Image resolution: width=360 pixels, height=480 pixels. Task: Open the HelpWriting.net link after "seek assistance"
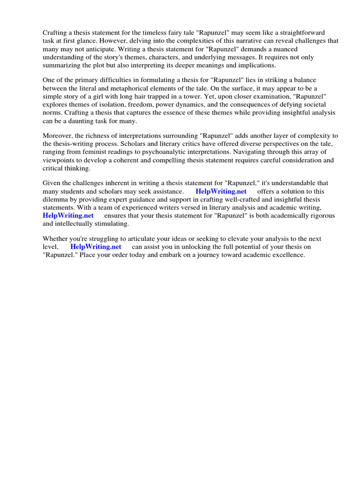coord(221,191)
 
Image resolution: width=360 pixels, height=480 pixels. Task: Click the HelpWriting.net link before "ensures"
coord(68,215)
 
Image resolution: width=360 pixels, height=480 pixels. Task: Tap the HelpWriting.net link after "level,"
coord(96,246)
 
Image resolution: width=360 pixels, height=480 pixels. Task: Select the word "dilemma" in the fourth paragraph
coord(56,199)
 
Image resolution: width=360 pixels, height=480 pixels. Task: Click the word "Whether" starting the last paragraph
coord(56,239)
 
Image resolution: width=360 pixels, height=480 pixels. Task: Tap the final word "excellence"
coord(288,255)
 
